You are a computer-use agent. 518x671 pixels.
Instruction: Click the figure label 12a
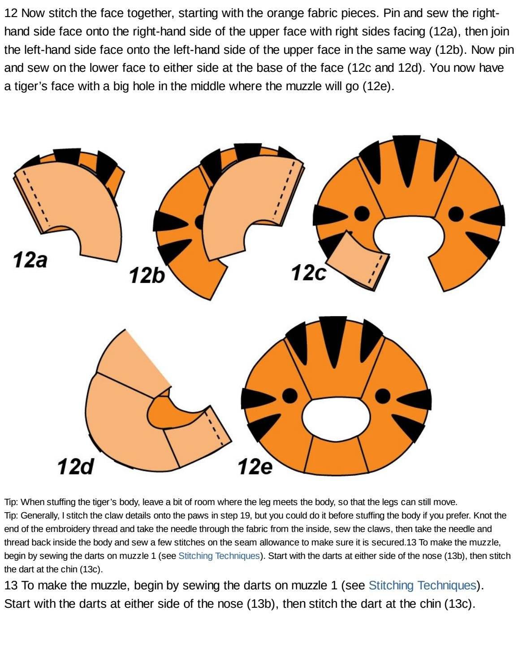(30, 260)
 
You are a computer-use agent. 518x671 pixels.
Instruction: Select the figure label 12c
(309, 273)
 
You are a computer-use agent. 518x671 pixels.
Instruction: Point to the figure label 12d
(75, 466)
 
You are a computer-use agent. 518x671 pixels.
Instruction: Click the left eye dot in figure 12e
(289, 396)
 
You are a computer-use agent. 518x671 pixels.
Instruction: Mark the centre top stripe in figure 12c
(406, 157)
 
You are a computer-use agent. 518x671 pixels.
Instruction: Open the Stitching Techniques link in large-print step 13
(423, 585)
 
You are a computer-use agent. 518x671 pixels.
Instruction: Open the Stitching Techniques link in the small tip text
(219, 556)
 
